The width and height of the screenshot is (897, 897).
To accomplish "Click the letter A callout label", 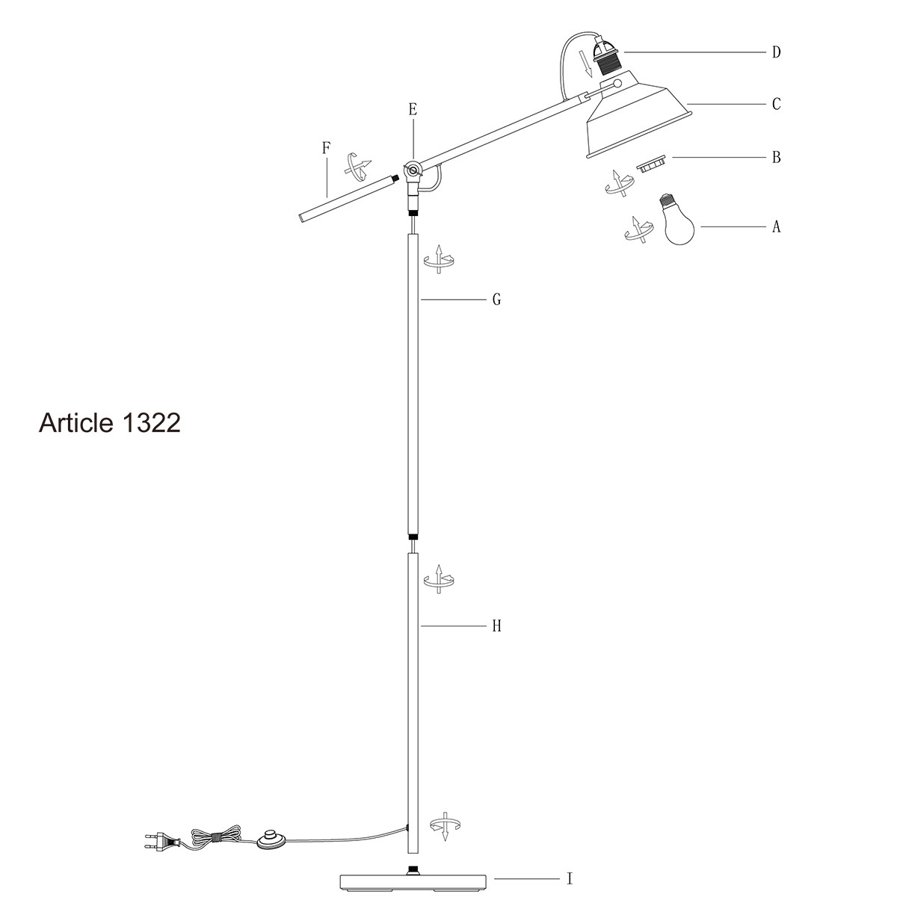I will (x=776, y=226).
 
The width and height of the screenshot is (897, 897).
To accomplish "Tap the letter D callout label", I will (x=776, y=52).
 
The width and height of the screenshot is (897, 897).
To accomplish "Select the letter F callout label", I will (x=326, y=147).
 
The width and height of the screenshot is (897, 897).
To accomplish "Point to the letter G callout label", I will (x=496, y=300).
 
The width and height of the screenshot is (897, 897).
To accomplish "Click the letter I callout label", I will (x=570, y=879).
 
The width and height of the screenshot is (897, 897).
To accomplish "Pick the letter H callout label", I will (x=496, y=626).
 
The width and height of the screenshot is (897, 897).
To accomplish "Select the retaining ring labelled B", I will (x=652, y=163).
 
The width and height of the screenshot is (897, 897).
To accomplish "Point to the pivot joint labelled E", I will (x=412, y=170).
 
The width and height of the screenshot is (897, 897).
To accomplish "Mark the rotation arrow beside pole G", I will (x=439, y=258).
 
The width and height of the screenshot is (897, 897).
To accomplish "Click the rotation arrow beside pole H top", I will (x=439, y=579).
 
